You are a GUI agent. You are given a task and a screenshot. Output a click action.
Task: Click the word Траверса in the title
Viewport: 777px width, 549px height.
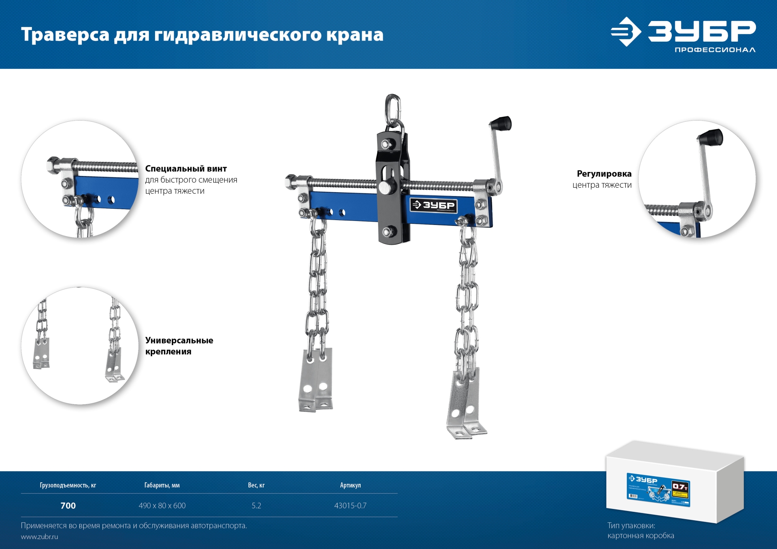coord(65,35)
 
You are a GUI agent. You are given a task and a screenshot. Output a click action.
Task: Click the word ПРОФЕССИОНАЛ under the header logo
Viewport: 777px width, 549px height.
coord(715,50)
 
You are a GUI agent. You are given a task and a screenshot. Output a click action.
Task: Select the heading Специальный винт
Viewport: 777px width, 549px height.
coord(186,169)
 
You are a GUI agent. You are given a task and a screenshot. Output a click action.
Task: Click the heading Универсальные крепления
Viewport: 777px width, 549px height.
coord(179,346)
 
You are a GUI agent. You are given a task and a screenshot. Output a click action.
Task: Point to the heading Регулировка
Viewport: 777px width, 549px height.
coord(604,174)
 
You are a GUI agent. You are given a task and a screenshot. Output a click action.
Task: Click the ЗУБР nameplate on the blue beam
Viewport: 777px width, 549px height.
coord(433,205)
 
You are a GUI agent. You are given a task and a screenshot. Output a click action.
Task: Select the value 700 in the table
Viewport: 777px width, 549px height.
coord(68,506)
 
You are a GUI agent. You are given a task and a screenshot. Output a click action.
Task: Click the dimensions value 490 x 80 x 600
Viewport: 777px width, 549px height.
coord(162,506)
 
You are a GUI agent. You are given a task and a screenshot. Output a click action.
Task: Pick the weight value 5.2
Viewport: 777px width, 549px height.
coord(256,506)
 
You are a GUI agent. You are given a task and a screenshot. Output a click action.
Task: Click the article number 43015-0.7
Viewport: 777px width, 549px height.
coord(350,506)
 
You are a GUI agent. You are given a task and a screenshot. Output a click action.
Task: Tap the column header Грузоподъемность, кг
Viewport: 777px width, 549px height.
coord(68,485)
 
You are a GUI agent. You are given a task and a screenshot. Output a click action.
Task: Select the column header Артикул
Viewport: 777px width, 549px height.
coord(350,485)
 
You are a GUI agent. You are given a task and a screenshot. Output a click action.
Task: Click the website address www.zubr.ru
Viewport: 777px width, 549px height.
coord(39,537)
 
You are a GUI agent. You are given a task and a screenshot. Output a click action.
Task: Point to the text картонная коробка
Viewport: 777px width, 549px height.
coord(640,536)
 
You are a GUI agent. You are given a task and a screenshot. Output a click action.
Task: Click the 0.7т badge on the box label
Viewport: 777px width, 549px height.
coord(680,487)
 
